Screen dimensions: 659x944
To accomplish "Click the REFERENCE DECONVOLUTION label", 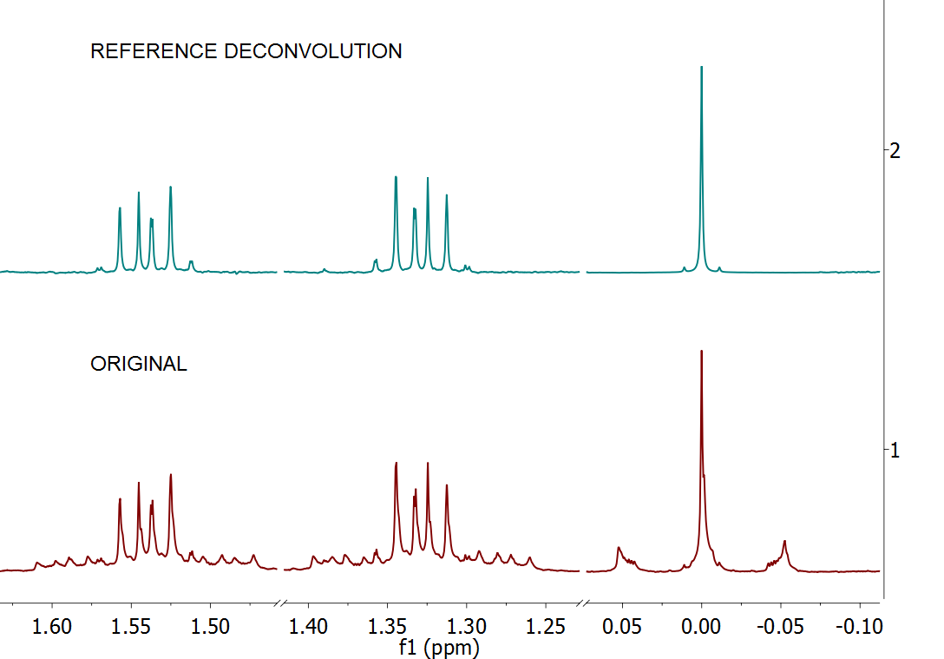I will pos(246,51).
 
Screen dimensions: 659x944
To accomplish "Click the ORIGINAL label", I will pos(138,365).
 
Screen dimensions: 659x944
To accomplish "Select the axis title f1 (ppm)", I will pos(439,647).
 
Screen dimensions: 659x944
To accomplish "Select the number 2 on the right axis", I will pos(895,150).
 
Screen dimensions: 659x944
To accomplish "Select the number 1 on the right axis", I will pos(895,450).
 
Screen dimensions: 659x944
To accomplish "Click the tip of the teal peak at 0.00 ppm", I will pos(701,67).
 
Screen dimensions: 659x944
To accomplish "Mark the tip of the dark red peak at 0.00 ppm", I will pos(701,351).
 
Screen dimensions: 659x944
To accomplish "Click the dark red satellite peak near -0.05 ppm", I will pos(784,542).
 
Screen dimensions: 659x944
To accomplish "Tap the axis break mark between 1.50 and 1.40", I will pos(281,603).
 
